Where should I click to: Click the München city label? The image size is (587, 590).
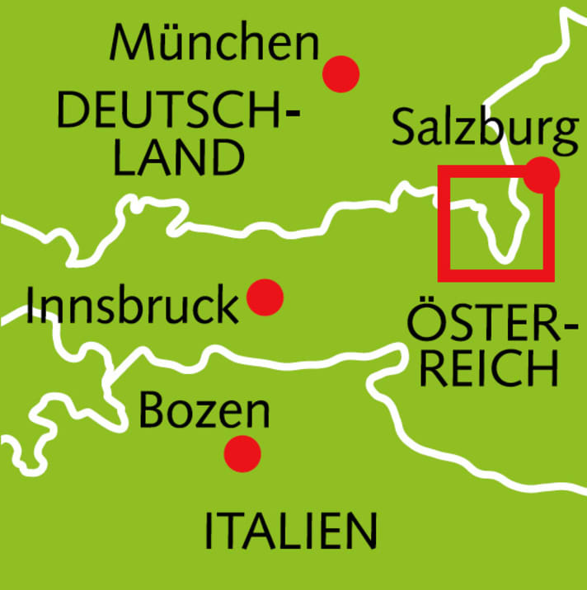(x=214, y=43)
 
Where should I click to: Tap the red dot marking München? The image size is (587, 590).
(x=340, y=73)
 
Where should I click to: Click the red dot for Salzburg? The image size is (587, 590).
(x=542, y=175)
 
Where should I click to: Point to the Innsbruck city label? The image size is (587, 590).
(x=132, y=306)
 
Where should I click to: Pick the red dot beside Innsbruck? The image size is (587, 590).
(x=265, y=297)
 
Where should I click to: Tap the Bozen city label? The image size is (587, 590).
(x=204, y=410)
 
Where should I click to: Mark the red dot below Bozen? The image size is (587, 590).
(x=242, y=452)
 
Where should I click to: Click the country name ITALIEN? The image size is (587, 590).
(x=290, y=531)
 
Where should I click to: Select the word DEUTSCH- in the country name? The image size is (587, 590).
(x=178, y=111)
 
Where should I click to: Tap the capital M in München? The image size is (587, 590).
(x=129, y=43)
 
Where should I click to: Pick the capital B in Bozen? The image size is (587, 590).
(x=152, y=410)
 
